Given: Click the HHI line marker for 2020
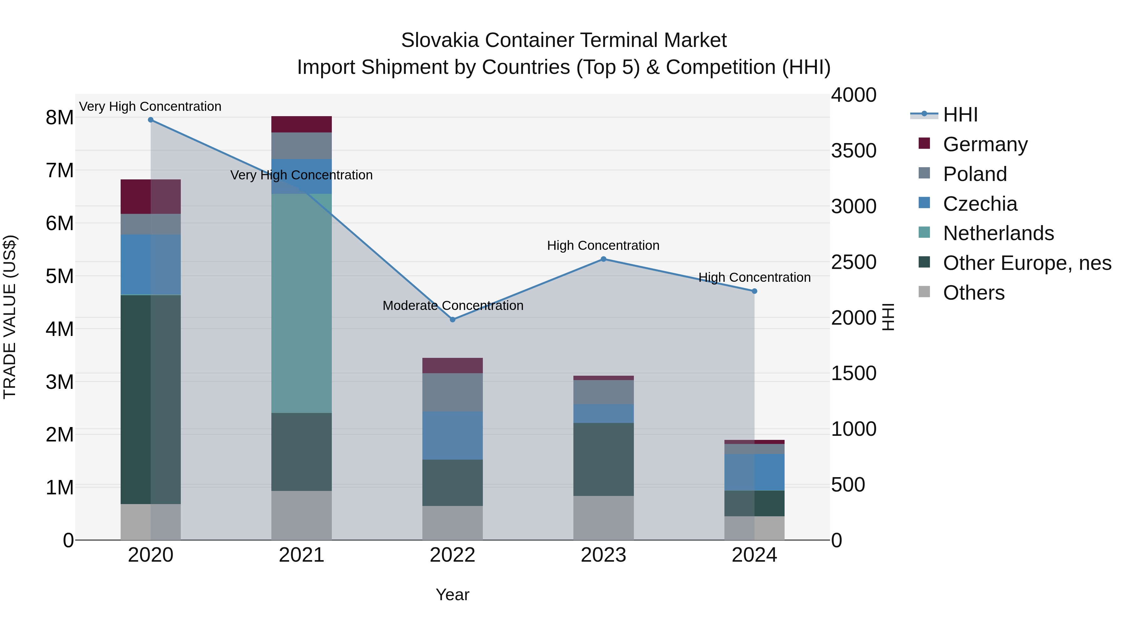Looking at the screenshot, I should tap(151, 120).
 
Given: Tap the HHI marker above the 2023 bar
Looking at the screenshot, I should tap(603, 259).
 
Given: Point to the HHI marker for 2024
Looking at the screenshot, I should tap(755, 291).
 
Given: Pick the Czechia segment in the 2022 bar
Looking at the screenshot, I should tap(452, 436).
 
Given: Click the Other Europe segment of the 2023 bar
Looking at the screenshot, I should tap(603, 459).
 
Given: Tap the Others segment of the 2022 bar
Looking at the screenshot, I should tap(452, 523).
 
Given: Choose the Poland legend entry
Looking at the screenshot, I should tap(975, 174).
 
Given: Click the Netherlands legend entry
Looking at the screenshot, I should tap(998, 233).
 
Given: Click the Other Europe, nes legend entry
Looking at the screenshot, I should tap(1027, 263).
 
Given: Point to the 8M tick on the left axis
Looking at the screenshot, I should tap(60, 118).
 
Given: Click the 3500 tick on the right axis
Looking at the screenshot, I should tap(854, 151).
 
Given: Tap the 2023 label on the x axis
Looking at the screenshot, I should tap(603, 555).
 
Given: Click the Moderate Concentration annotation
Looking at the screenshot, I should tap(453, 305).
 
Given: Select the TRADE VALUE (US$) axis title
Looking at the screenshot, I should tap(10, 317).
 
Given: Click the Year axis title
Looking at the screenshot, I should tap(452, 595).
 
